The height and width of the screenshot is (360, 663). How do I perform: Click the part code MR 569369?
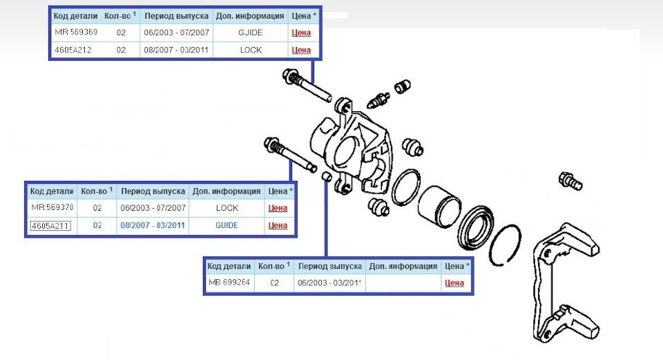(76, 32)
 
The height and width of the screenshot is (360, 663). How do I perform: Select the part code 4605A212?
(73, 50)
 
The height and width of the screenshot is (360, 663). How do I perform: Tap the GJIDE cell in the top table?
(250, 32)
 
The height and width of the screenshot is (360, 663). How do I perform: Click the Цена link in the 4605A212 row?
(301, 50)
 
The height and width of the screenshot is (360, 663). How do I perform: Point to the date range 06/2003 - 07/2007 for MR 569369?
(176, 32)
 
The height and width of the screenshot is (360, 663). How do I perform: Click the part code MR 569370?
(52, 208)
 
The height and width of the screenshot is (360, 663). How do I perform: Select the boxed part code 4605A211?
(50, 225)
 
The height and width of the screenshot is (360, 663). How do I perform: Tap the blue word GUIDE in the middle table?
(227, 225)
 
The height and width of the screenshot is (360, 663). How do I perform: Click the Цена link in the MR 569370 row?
(278, 208)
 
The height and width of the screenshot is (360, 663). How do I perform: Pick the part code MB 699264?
(229, 282)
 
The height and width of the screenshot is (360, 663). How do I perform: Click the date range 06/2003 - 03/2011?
(329, 283)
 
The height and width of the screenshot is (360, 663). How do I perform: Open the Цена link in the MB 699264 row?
(454, 283)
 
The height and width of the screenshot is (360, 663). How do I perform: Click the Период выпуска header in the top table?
(176, 16)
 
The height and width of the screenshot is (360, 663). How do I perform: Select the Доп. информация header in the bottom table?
(403, 266)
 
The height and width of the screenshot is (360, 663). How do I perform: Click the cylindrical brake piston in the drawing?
(440, 207)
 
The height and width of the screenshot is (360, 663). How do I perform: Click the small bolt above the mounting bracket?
(570, 181)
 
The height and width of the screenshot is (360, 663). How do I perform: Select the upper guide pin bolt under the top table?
(306, 86)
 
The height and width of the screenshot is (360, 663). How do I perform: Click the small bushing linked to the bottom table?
(327, 176)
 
